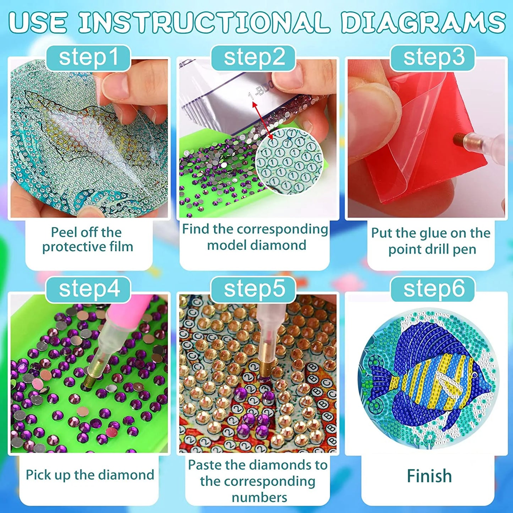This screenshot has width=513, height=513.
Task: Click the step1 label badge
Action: pos(88,58)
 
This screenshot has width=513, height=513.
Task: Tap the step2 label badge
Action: pos(254,58)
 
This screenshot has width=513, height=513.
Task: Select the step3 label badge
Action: pos(433,58)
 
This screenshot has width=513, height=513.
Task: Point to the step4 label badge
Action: pos(89,289)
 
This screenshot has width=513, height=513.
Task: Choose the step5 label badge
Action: pos(254,289)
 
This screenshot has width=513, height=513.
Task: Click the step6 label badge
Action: pos(433,289)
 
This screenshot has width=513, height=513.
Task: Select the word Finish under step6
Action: pos(429,476)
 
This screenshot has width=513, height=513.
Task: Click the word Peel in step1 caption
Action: pos(64,233)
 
